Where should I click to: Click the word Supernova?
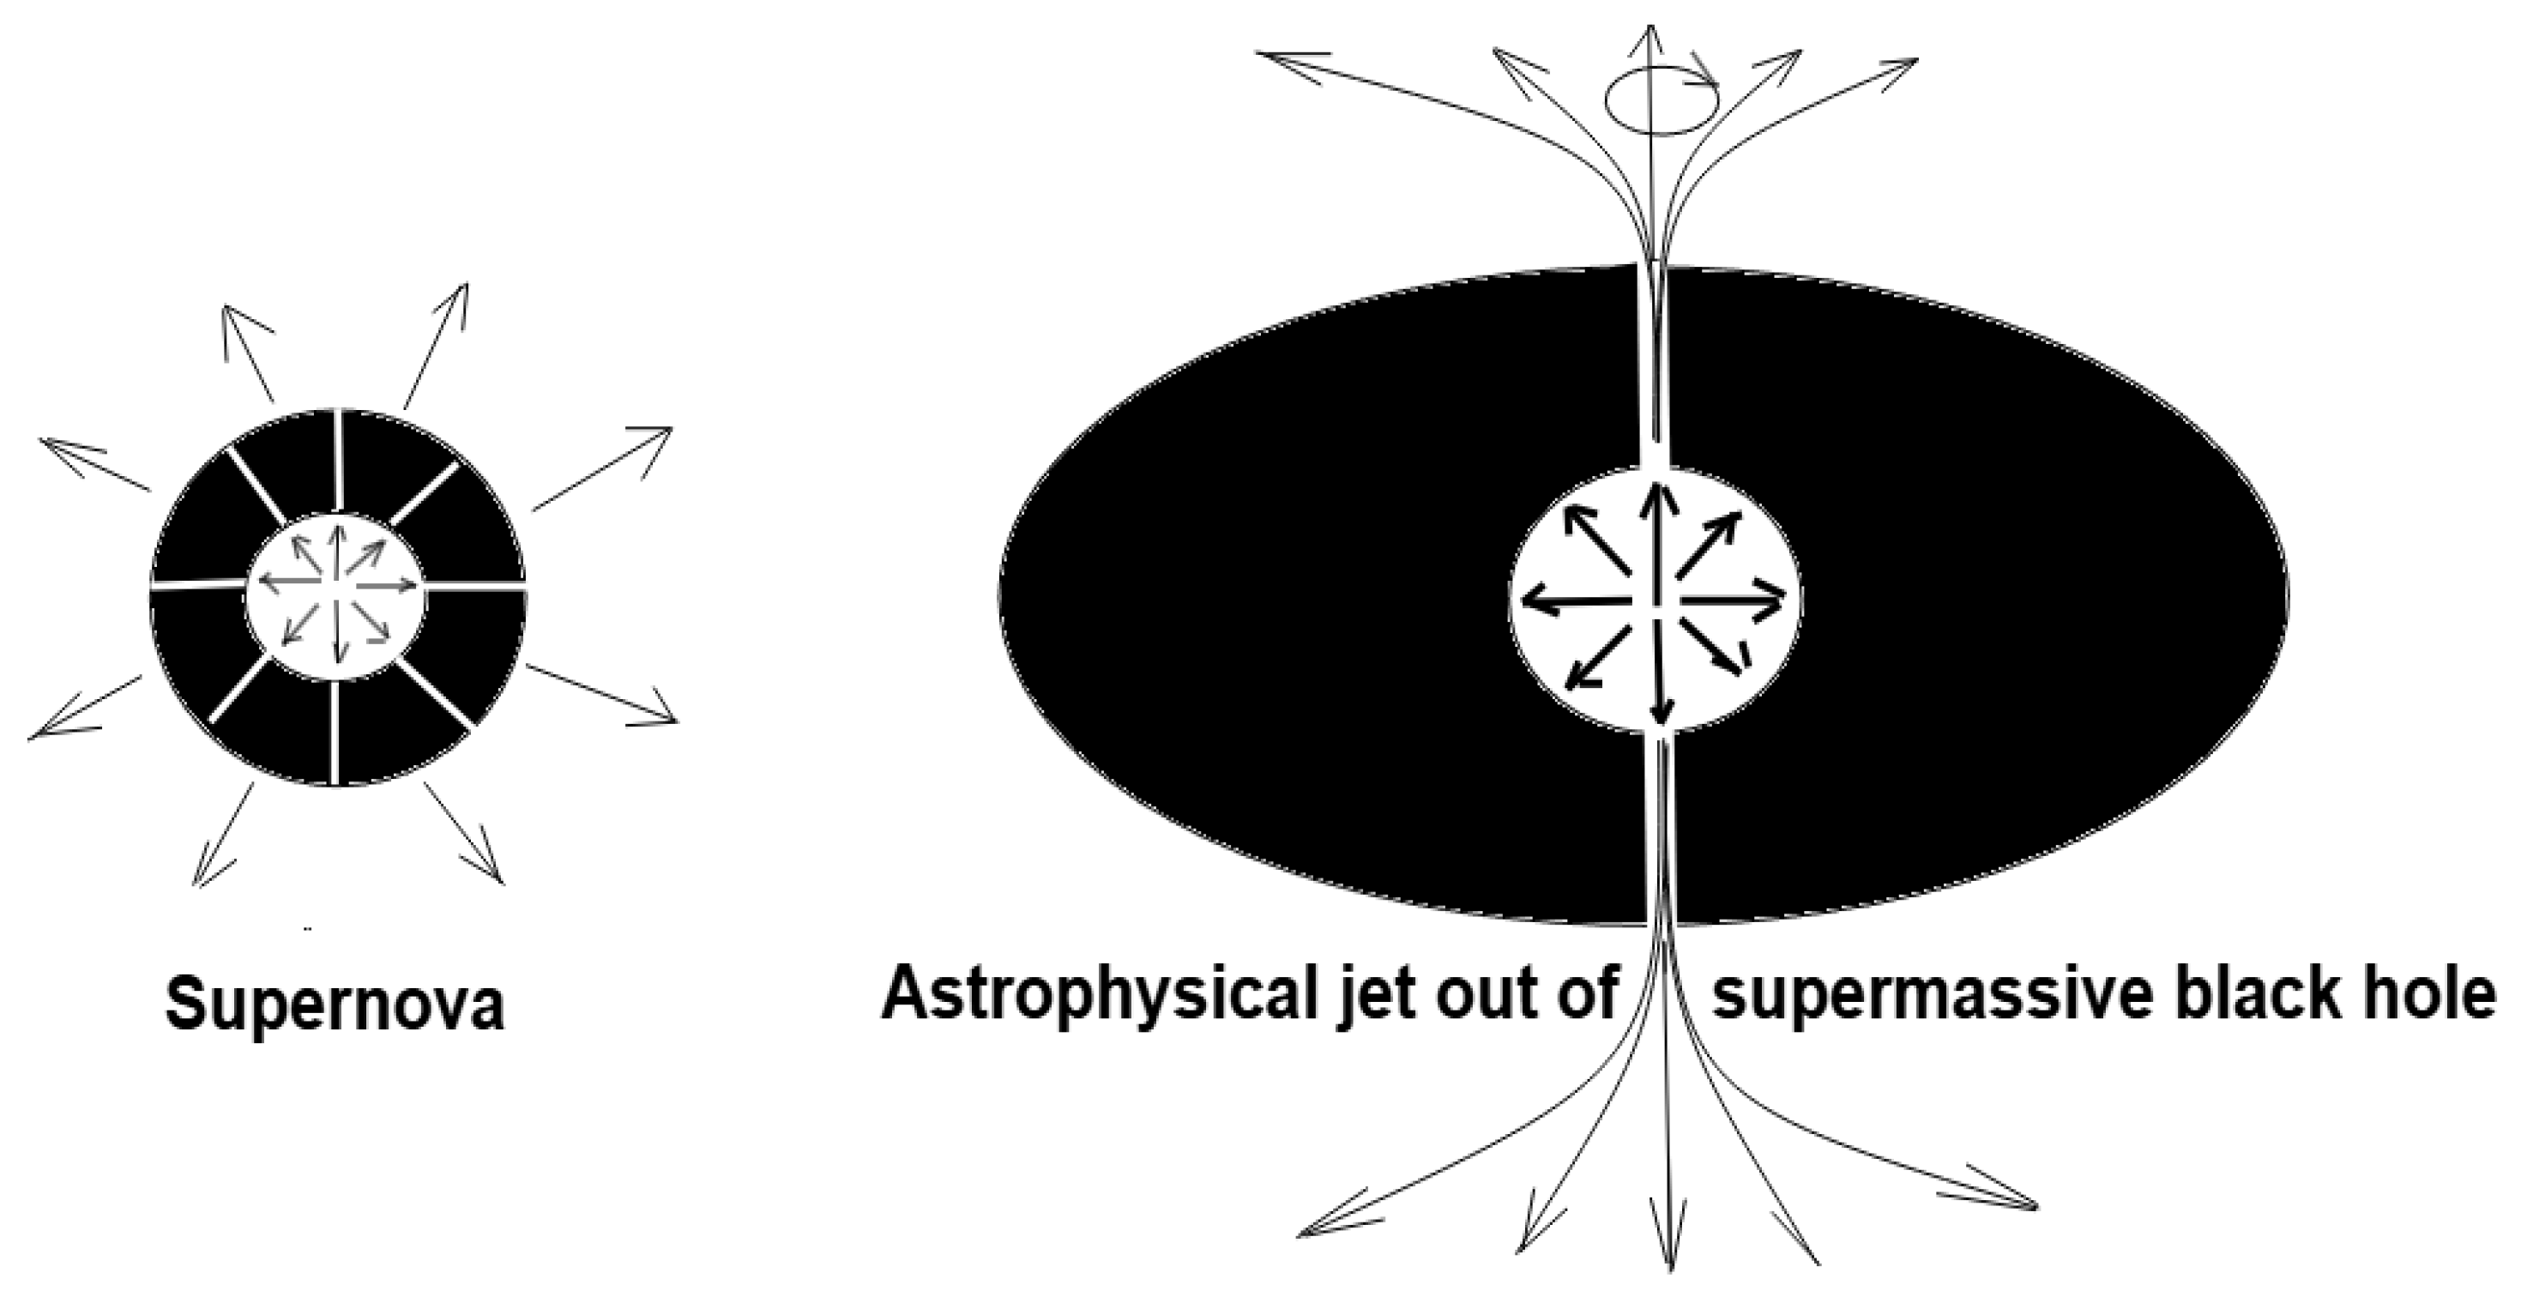pyautogui.click(x=335, y=1004)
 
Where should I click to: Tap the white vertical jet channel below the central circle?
pyautogui.click(x=1662, y=834)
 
